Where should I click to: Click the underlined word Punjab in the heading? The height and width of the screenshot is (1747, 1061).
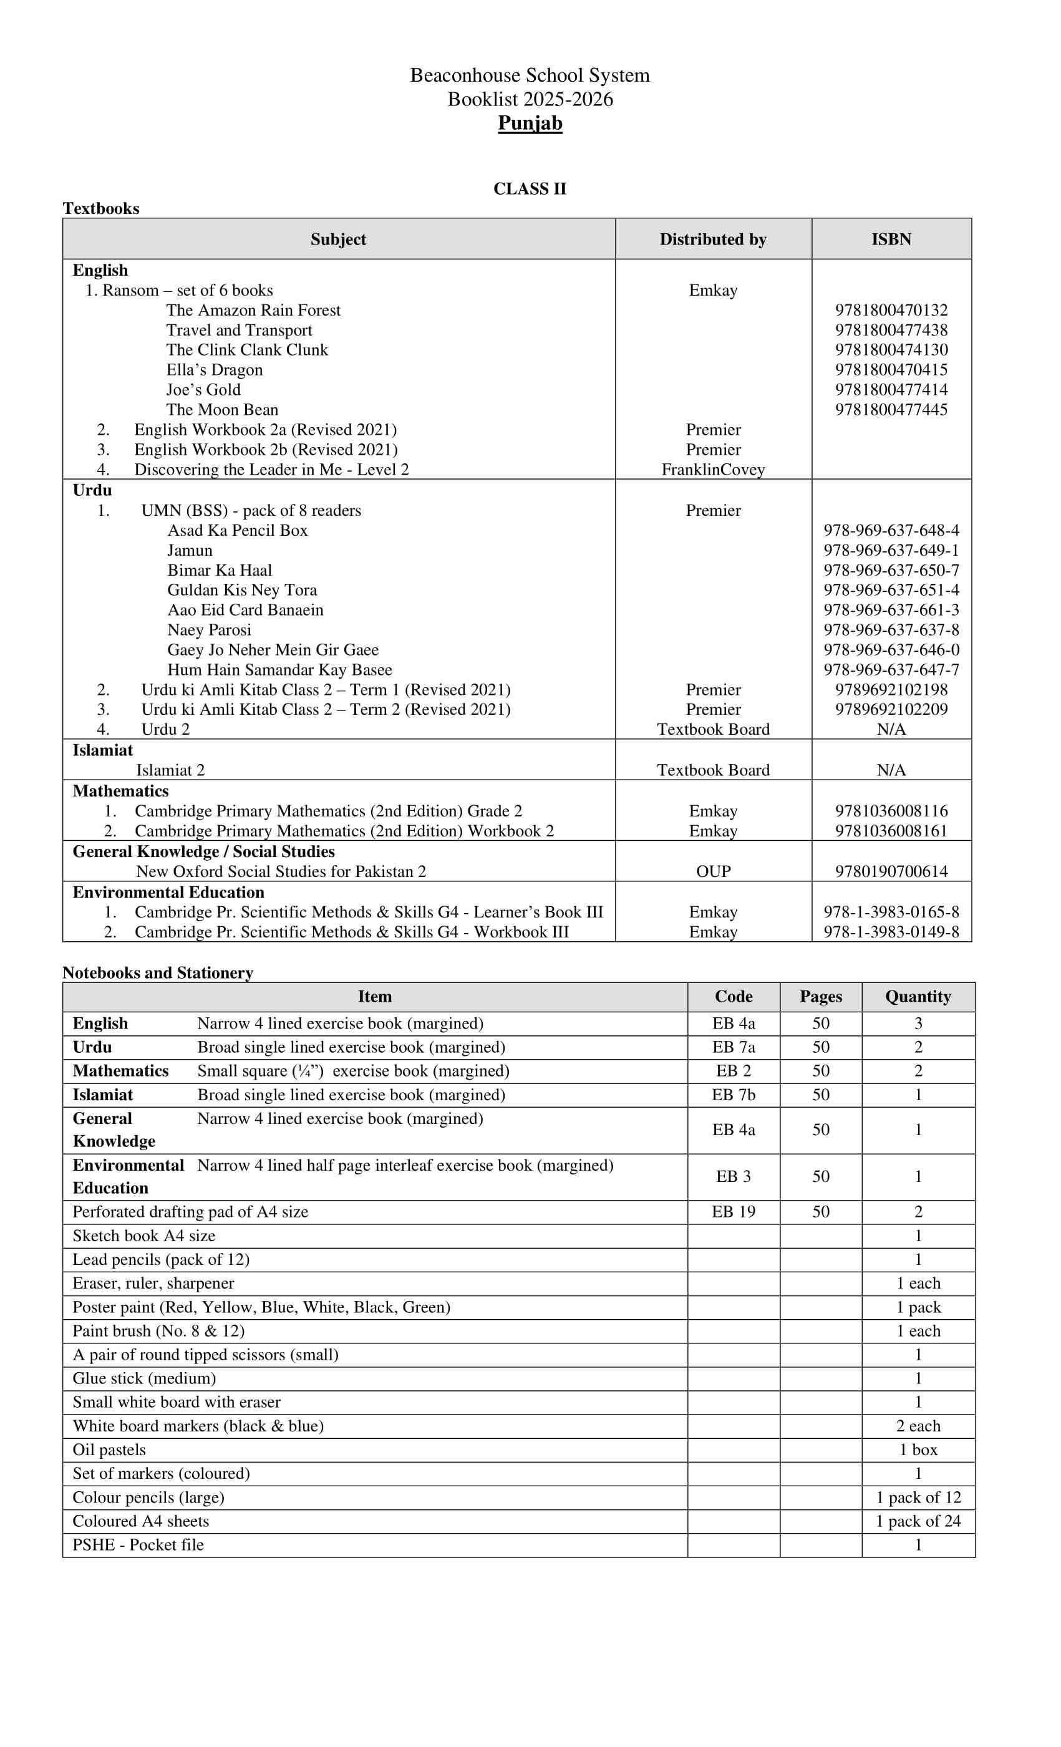click(530, 123)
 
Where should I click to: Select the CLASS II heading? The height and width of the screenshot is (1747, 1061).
click(530, 188)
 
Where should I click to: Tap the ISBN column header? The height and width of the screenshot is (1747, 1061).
click(891, 240)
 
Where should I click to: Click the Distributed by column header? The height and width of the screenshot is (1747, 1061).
click(713, 240)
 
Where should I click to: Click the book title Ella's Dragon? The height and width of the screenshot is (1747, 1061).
click(214, 370)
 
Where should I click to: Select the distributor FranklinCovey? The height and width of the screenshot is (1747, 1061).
click(713, 470)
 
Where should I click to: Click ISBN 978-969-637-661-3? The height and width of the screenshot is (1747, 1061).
click(891, 611)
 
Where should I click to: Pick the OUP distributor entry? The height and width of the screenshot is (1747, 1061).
click(713, 872)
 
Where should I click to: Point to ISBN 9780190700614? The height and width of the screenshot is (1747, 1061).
click(891, 872)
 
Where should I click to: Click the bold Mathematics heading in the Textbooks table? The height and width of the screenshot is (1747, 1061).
click(120, 791)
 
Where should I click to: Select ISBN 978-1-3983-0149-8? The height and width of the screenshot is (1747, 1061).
click(891, 932)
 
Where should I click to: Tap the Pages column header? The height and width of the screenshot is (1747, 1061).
click(821, 997)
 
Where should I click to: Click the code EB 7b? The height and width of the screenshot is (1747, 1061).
click(734, 1095)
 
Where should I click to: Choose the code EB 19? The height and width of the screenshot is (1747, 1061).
click(734, 1212)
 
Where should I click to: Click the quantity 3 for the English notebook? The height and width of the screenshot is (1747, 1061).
click(918, 1024)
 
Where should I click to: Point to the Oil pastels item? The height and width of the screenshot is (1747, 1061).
click(109, 1450)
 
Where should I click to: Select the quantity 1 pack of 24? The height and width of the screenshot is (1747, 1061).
click(918, 1522)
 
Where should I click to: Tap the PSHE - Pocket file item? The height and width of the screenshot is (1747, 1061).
click(138, 1545)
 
